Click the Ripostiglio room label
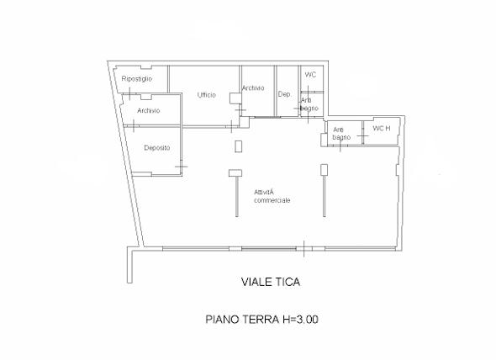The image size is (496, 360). pyautogui.click(x=137, y=79)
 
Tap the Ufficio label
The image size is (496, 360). pyautogui.click(x=207, y=95)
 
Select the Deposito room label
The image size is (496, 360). pyautogui.click(x=157, y=147)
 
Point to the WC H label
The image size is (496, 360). pyautogui.click(x=382, y=128)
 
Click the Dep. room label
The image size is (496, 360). pyautogui.click(x=284, y=94)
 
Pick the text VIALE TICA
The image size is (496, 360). pyautogui.click(x=271, y=282)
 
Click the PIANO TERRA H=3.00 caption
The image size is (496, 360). pyautogui.click(x=262, y=319)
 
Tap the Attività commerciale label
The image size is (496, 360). pyautogui.click(x=272, y=196)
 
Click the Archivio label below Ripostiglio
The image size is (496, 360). pyautogui.click(x=148, y=110)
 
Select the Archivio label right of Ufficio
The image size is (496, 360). pyautogui.click(x=253, y=88)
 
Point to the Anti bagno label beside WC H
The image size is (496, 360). pyautogui.click(x=341, y=134)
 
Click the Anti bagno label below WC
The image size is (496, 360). pyautogui.click(x=309, y=104)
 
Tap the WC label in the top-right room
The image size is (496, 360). pyautogui.click(x=310, y=75)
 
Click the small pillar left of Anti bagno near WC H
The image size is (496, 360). pyautogui.click(x=324, y=140)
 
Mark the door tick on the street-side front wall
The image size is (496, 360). pyautogui.click(x=304, y=249)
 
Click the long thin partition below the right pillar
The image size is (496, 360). pyautogui.click(x=324, y=196)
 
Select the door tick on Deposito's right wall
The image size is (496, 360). pyautogui.click(x=182, y=167)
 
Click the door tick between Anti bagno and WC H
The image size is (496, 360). pyautogui.click(x=362, y=135)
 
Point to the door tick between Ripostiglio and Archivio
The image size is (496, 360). pyautogui.click(x=129, y=93)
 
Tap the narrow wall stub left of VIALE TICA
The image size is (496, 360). pyautogui.click(x=129, y=265)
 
